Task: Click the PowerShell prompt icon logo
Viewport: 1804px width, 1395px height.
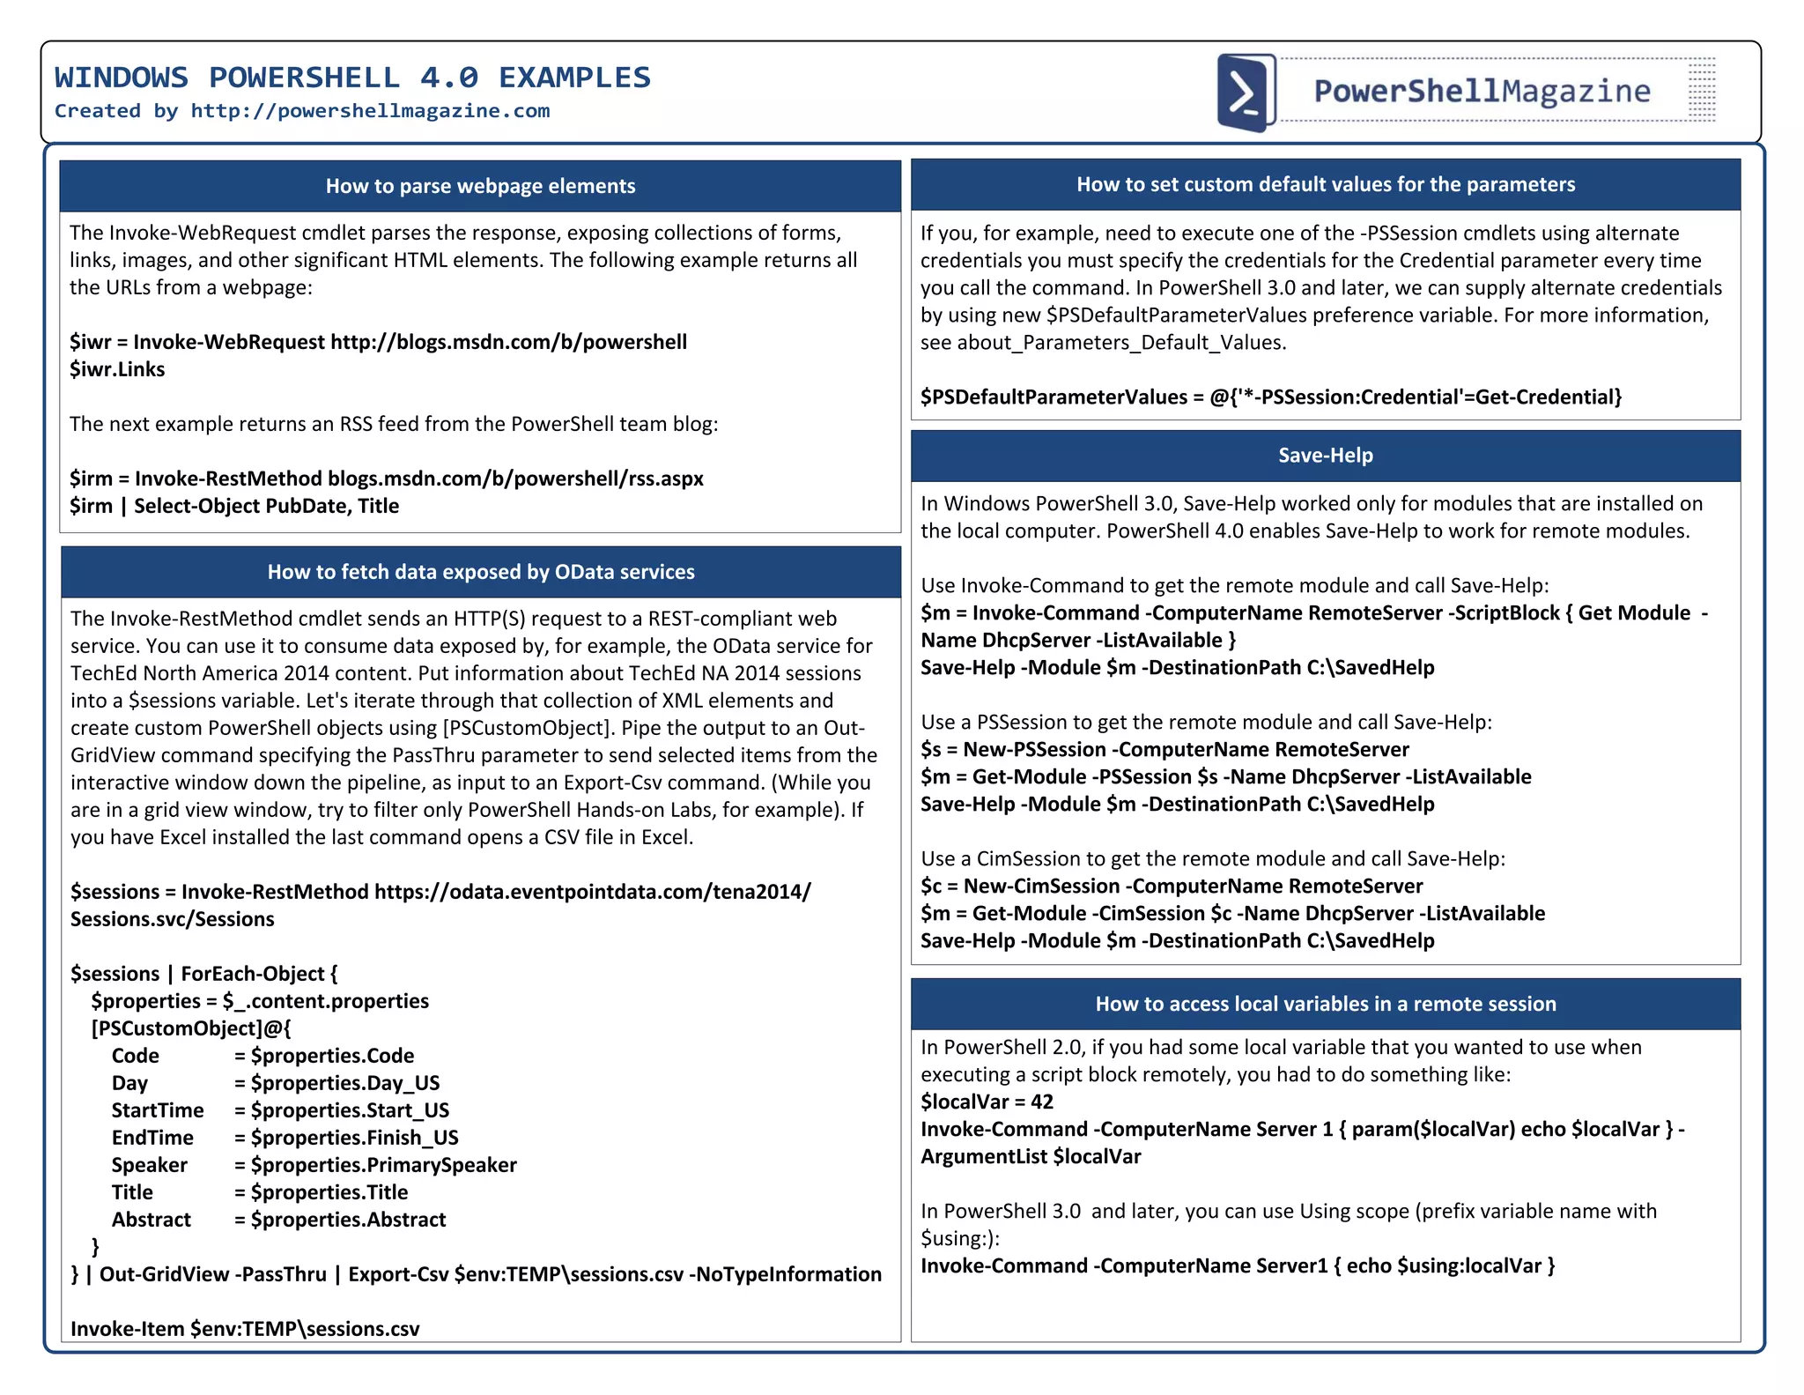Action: tap(1246, 93)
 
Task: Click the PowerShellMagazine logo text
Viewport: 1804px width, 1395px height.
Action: tap(1482, 91)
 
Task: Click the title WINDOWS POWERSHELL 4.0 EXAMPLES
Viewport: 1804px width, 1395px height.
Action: tap(352, 78)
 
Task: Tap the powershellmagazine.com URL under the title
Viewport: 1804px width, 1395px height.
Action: tap(370, 111)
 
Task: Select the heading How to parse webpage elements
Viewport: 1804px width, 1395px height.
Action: tap(480, 186)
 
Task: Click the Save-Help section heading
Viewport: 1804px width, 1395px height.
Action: tap(1325, 456)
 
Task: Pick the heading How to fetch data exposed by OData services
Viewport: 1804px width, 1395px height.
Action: tap(481, 572)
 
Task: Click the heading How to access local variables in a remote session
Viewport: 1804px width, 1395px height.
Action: tap(1325, 1004)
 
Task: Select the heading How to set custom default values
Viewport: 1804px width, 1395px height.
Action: tap(1325, 184)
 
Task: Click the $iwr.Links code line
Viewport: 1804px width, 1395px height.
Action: tap(117, 369)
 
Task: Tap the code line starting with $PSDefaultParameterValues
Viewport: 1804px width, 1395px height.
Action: tap(1270, 397)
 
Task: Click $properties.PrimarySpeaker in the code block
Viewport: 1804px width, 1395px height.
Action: tap(383, 1165)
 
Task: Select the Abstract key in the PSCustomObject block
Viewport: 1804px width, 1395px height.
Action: tap(151, 1220)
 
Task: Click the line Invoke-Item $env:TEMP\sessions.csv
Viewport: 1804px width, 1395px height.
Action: tap(245, 1329)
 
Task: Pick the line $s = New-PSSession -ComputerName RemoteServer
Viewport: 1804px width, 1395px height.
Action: tap(1164, 749)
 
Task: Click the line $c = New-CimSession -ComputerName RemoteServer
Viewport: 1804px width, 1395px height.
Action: tap(1172, 886)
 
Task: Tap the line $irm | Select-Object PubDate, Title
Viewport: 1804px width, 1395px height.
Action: tap(234, 506)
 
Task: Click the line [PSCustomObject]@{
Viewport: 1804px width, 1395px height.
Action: tap(190, 1028)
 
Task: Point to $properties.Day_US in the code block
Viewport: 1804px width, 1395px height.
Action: tap(344, 1083)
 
